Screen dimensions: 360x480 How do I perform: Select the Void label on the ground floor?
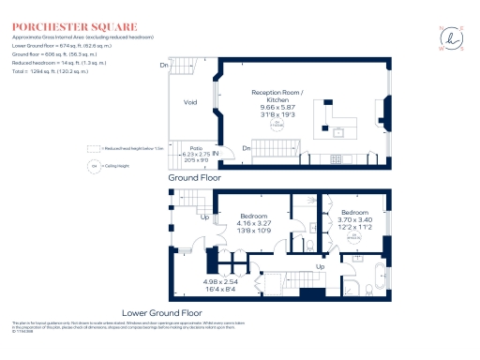click(190, 103)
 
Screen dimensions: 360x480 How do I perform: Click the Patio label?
click(197, 148)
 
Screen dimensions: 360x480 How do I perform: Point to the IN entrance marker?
click(216, 153)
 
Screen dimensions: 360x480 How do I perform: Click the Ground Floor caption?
click(194, 176)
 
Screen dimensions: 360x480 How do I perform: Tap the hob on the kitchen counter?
click(338, 157)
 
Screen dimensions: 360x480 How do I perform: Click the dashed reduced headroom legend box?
click(93, 148)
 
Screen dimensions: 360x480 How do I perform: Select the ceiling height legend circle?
click(94, 166)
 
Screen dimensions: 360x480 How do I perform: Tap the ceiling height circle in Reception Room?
click(277, 123)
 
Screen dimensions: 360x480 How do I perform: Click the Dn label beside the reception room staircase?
click(245, 149)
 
